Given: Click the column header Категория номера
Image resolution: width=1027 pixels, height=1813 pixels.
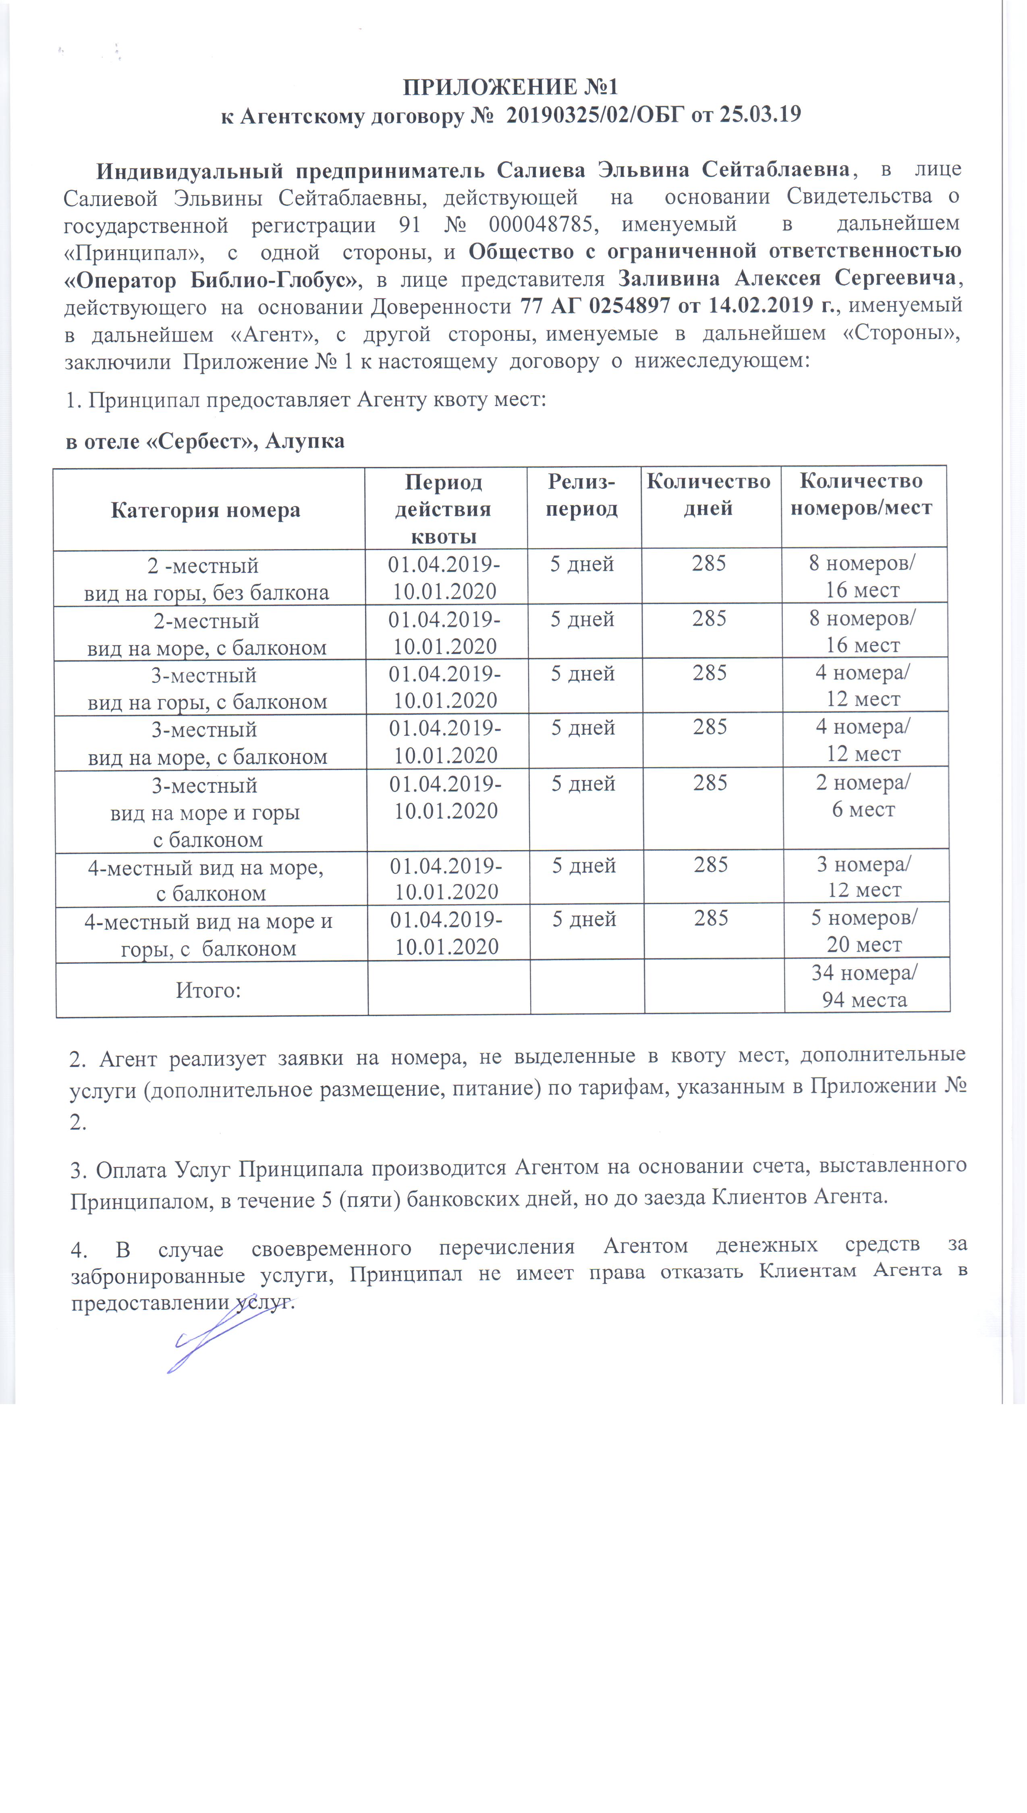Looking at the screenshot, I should pos(205,510).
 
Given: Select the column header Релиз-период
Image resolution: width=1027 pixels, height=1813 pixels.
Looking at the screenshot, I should pos(582,495).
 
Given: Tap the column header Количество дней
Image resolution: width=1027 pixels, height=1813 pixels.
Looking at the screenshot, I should pos(708,495).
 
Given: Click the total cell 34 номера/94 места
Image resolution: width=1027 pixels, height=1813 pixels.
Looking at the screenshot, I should pos(864,986).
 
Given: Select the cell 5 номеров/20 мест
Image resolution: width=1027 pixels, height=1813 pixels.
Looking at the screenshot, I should pos(864,931).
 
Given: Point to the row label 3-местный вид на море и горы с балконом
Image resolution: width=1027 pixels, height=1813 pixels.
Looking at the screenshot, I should pos(206,812).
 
